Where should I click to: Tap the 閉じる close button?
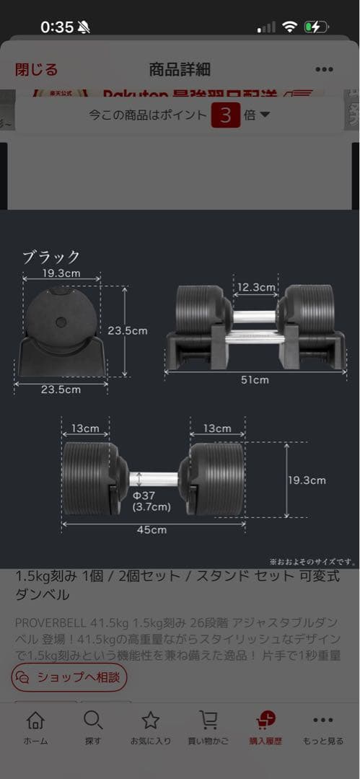point(36,69)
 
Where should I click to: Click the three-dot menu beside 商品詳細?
point(324,70)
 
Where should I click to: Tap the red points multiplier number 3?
point(225,115)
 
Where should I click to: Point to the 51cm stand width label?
point(255,380)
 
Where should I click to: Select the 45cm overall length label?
point(152,529)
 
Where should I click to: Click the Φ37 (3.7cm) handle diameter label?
point(152,501)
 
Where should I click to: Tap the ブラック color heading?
point(51,258)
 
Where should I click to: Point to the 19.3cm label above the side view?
point(61,273)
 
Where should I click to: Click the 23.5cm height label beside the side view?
point(127,330)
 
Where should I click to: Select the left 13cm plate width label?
point(84,428)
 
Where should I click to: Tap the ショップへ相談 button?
point(69,677)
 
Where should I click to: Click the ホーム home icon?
point(35,721)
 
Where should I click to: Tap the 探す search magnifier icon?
point(92,721)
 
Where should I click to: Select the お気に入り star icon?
point(150,721)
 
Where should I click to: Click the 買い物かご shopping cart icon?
point(208,721)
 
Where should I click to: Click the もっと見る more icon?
point(323,721)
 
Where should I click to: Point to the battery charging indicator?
point(316,27)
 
